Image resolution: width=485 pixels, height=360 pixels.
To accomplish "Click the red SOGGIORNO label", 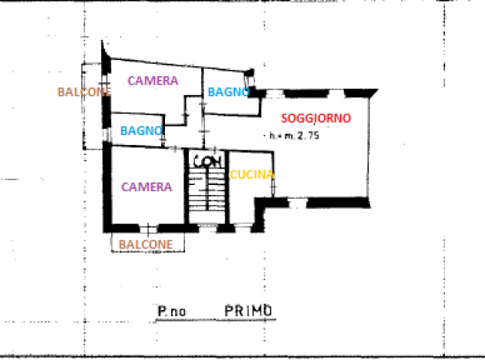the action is coord(316,118).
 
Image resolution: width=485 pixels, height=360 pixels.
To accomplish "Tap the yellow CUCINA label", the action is coord(252,175).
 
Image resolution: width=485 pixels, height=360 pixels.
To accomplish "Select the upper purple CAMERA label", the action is coord(153,81).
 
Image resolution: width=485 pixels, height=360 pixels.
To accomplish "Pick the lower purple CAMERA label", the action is coord(147,187).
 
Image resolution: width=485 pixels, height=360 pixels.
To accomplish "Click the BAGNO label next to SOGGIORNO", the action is coord(229,92).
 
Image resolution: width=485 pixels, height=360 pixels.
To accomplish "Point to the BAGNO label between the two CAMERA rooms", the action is coord(141,130).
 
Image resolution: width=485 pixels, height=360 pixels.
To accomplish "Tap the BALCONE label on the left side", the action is coord(84,92).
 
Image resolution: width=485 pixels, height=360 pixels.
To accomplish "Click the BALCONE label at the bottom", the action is coord(146,245).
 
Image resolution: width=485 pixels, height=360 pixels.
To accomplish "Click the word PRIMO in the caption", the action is coord(249,311).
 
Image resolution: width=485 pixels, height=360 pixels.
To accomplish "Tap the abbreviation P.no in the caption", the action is coord(172,311).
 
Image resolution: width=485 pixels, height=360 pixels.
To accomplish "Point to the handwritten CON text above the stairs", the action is coord(207,161).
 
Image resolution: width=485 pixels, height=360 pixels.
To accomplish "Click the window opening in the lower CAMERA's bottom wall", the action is coord(148,229).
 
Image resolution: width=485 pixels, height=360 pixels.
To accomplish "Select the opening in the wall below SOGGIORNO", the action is coord(297,203).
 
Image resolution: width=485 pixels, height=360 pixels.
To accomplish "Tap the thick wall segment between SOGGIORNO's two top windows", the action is coord(306,93).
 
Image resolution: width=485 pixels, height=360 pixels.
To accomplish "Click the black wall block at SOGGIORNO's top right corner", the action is coord(361,93).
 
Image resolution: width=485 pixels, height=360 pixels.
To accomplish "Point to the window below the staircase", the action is coord(208,228).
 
